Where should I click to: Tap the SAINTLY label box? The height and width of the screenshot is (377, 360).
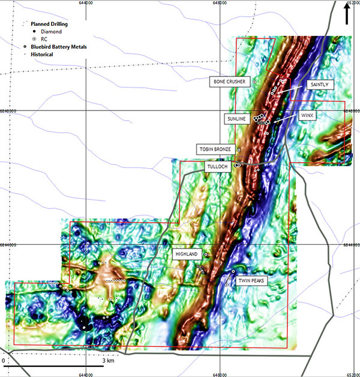[x=317, y=85]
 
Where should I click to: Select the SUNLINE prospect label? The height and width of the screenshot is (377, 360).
[x=236, y=119]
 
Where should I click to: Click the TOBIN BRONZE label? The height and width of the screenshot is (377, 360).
[x=214, y=148]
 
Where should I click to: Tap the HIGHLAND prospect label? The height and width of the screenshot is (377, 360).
[x=186, y=255]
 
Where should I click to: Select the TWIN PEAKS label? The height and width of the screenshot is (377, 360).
[x=251, y=280]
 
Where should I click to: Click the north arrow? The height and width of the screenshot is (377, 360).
[x=348, y=13]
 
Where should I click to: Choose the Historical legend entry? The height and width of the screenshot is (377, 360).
[x=41, y=55]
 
